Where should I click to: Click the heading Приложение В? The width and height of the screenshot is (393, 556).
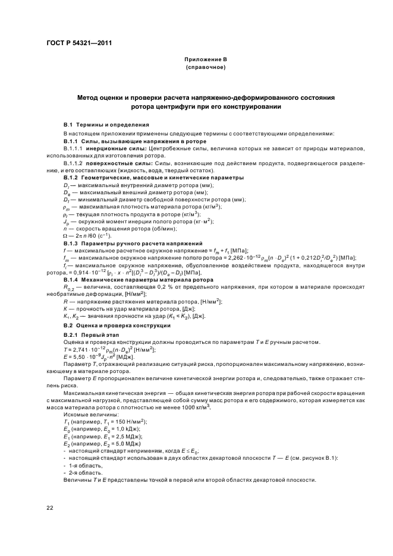click(206, 60)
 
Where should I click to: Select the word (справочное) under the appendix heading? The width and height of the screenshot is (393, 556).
click(206, 68)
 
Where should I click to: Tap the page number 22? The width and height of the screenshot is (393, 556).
click(50, 506)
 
